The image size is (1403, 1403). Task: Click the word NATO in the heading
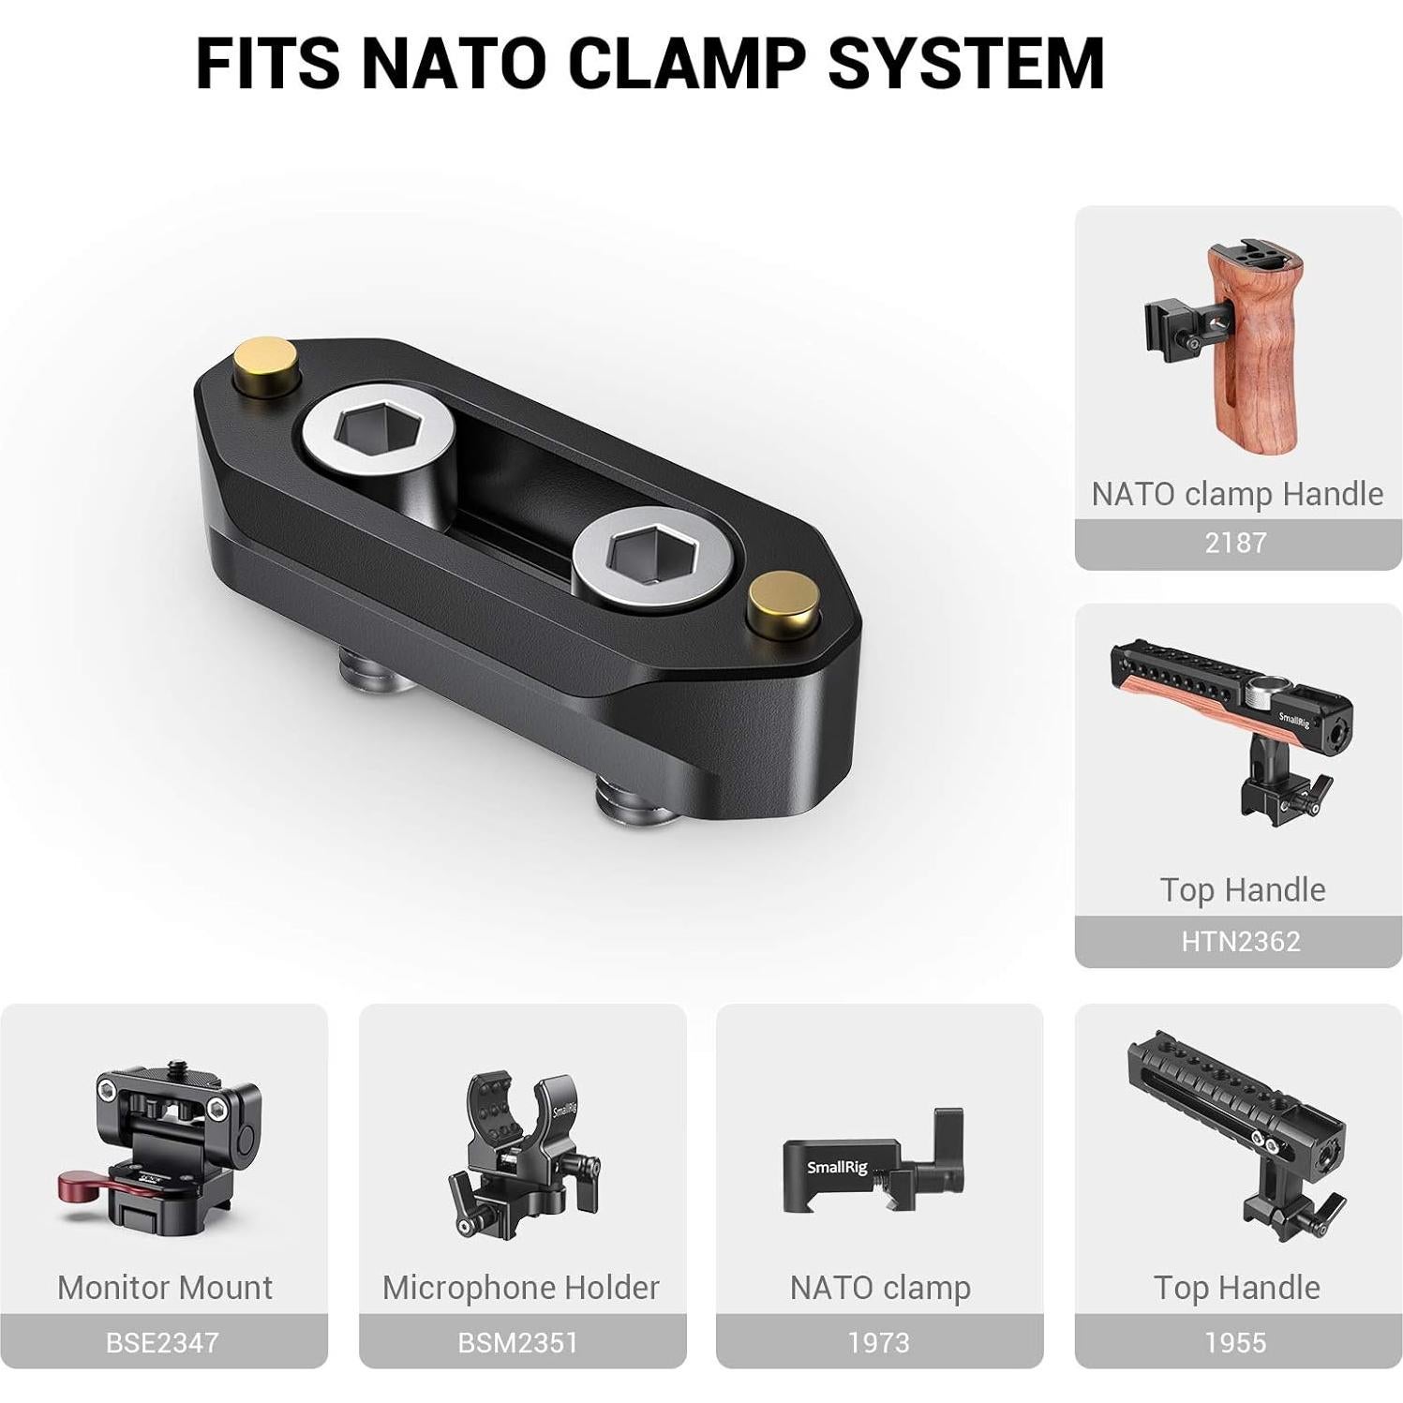(x=453, y=64)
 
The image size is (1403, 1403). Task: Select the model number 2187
(x=1235, y=543)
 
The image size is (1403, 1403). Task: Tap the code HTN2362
(x=1240, y=941)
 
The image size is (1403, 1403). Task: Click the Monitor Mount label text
(x=165, y=1288)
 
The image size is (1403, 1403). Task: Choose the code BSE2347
(x=162, y=1342)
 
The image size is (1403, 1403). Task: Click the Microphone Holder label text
(x=521, y=1288)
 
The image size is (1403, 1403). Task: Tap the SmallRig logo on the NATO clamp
(x=837, y=1168)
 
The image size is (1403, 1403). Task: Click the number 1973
(x=878, y=1342)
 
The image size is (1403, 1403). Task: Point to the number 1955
(x=1235, y=1342)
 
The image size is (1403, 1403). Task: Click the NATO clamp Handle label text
(x=1237, y=494)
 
